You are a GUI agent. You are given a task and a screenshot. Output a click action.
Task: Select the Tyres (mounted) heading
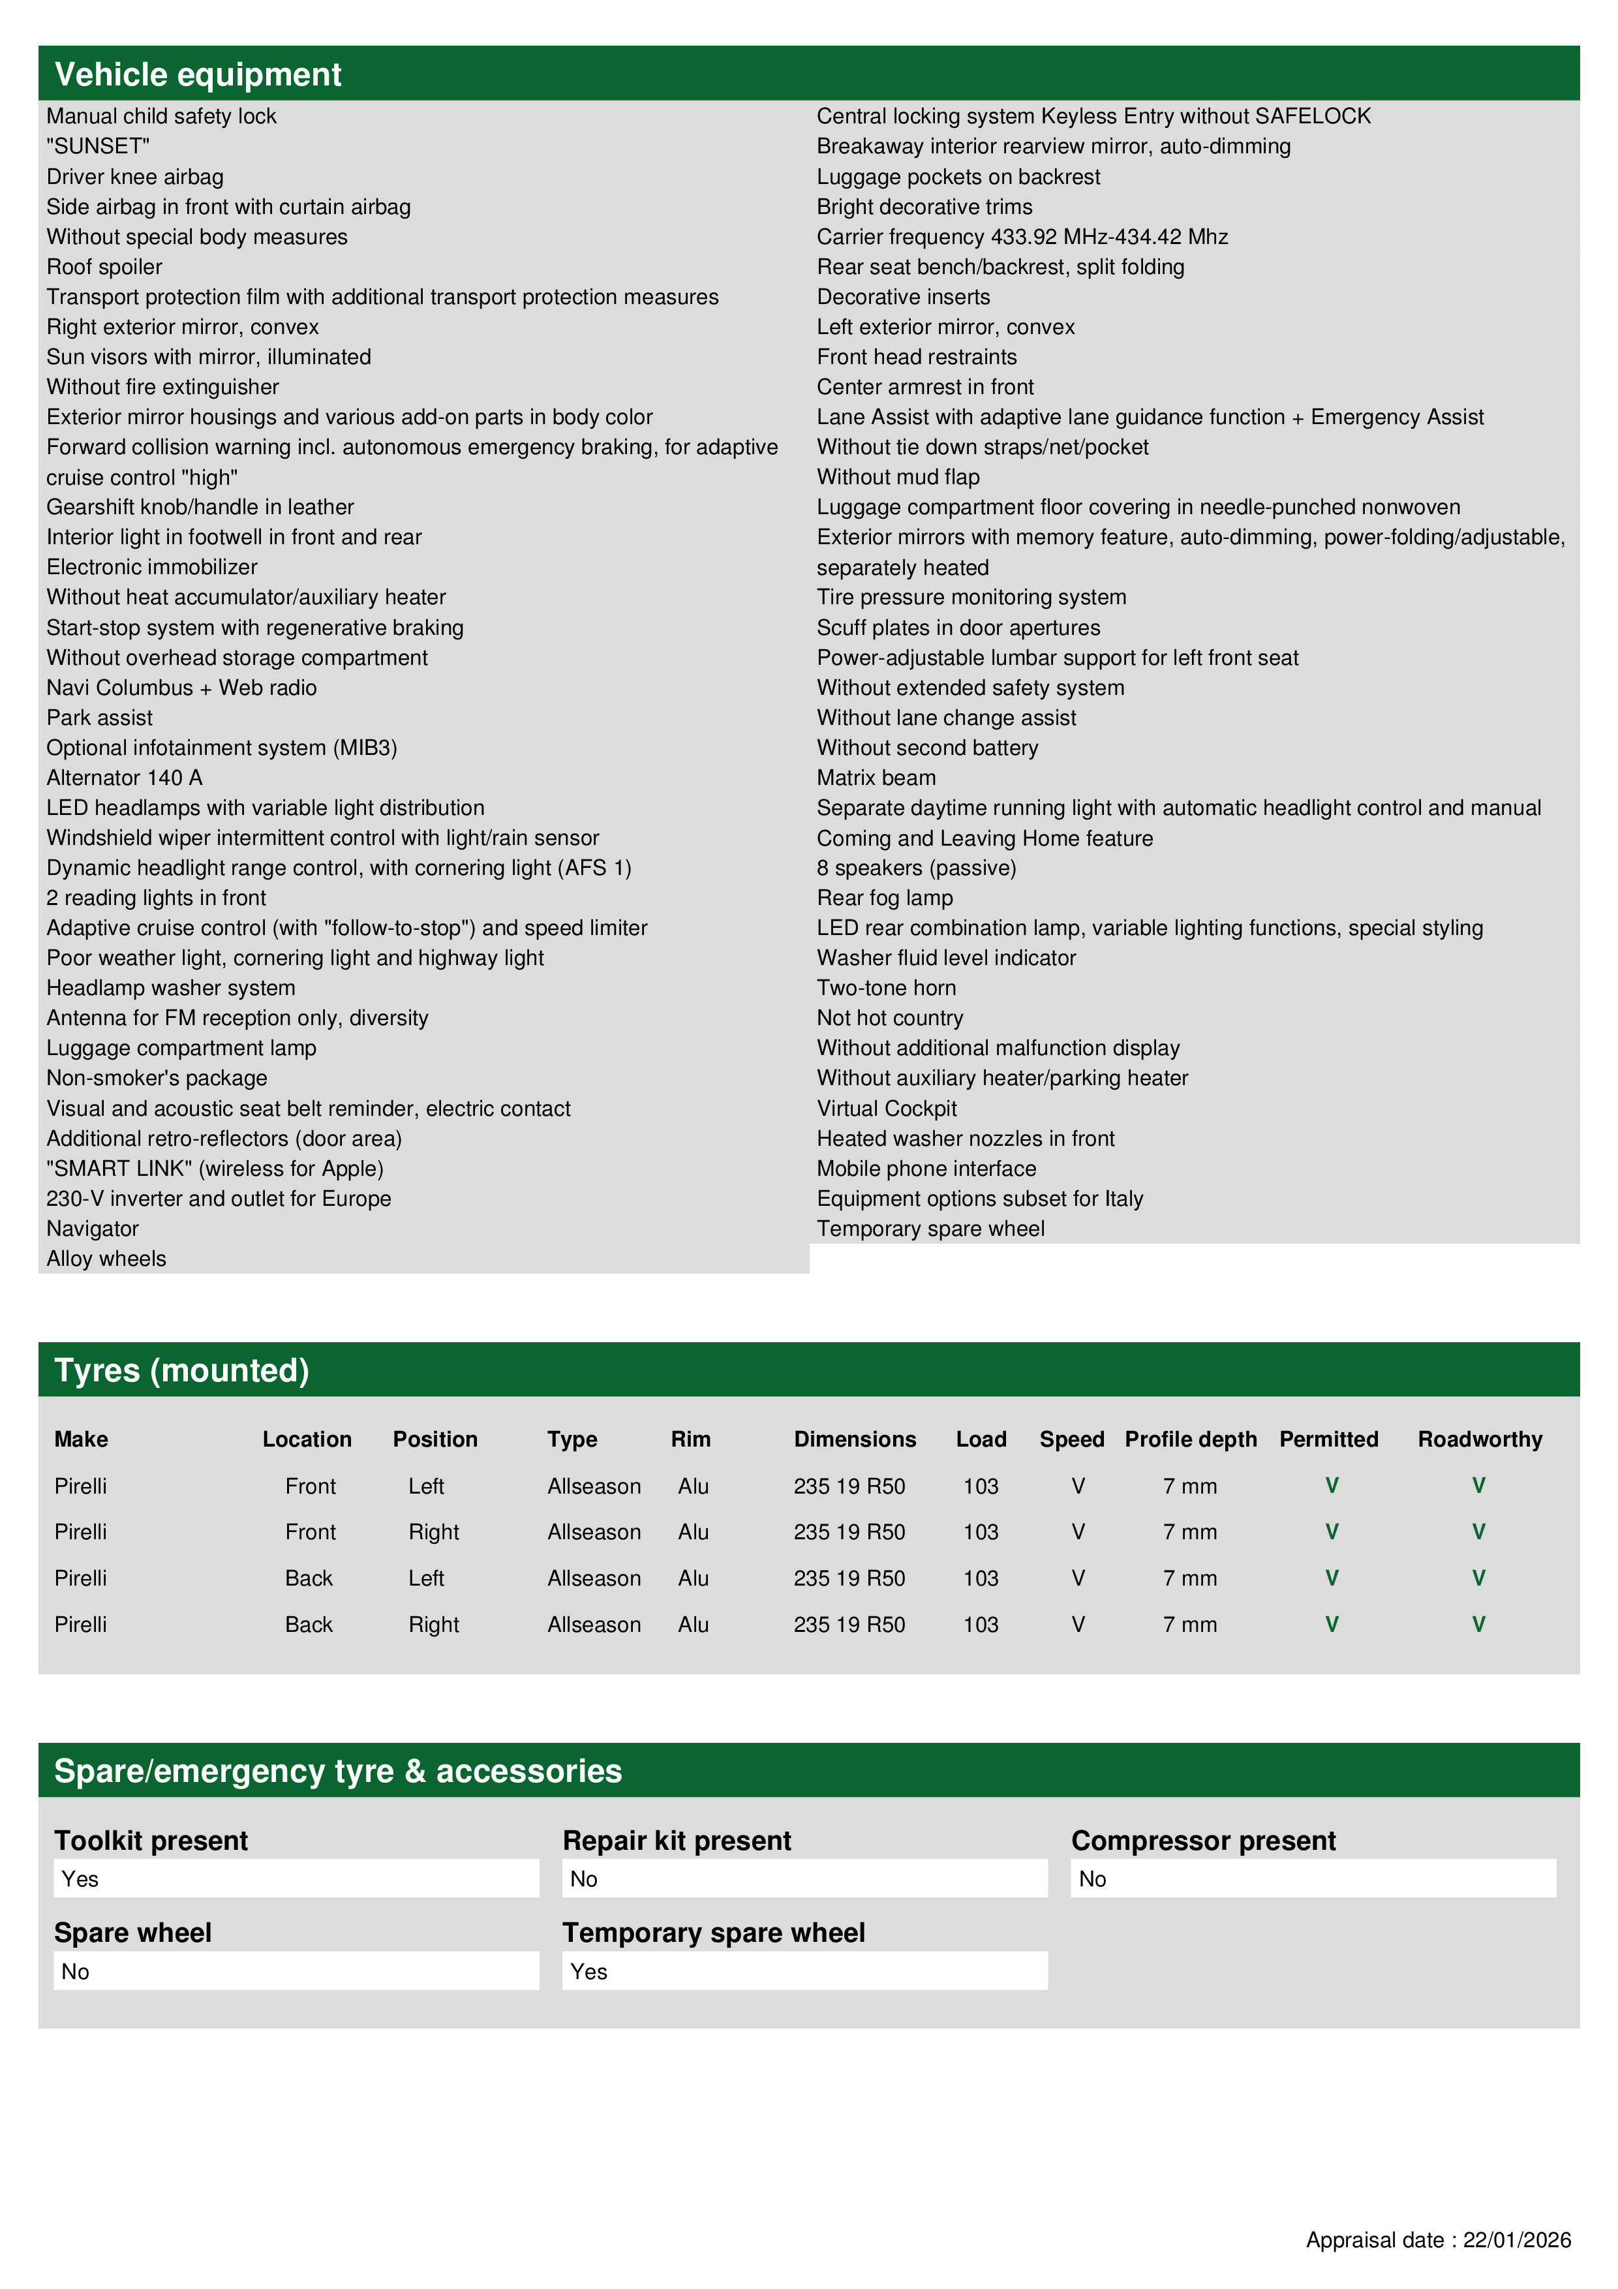(x=181, y=1371)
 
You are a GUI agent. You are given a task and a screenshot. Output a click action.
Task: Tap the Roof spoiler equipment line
(x=104, y=267)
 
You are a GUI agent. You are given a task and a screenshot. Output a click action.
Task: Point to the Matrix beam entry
(x=876, y=778)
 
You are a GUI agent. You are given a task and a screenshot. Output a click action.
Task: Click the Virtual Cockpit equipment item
(x=886, y=1109)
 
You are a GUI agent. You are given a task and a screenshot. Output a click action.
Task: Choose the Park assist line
(x=100, y=718)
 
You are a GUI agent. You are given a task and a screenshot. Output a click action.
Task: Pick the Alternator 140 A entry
(x=125, y=778)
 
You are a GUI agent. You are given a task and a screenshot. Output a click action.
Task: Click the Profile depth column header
(x=1190, y=1439)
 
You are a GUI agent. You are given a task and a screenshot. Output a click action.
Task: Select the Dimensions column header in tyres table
(x=855, y=1439)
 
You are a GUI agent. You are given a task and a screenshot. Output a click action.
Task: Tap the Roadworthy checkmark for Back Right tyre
(x=1478, y=1625)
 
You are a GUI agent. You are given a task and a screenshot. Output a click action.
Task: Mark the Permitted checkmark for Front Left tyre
(x=1331, y=1486)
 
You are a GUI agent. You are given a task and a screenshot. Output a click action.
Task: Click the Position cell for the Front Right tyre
(x=434, y=1532)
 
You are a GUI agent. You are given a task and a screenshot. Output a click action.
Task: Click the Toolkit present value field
(x=296, y=1879)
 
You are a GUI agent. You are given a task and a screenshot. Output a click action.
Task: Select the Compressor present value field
(x=1313, y=1879)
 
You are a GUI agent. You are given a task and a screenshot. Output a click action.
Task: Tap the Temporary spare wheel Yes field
(x=804, y=1972)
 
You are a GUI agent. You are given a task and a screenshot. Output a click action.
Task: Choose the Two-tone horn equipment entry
(x=886, y=988)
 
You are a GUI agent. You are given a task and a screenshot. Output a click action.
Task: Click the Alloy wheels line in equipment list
(x=106, y=1259)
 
